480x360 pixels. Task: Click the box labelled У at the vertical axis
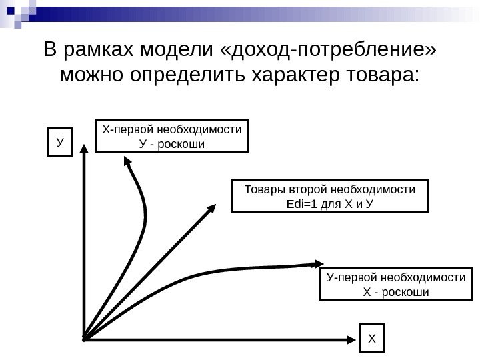[60, 143]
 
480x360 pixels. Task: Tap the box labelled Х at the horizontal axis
[372, 339]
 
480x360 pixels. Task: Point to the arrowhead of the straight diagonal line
[212, 209]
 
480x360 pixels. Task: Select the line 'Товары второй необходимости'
[330, 189]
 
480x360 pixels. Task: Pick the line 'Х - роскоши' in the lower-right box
[396, 292]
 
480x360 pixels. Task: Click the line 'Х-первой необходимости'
[171, 129]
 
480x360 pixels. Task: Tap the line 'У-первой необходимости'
[396, 277]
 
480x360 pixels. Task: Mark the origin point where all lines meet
[83, 339]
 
